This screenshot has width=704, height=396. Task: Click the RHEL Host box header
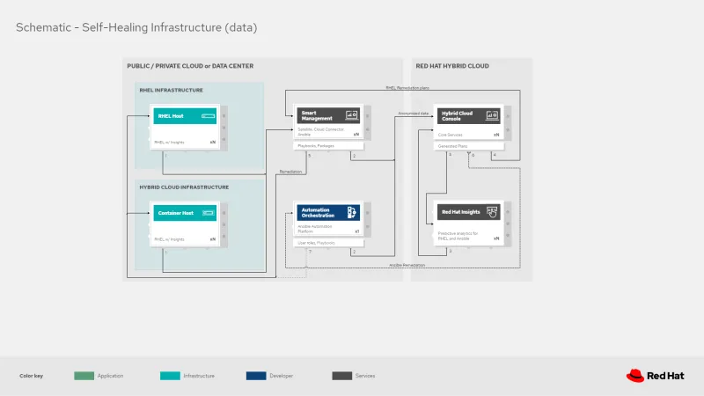point(183,116)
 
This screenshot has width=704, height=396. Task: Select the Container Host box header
point(183,213)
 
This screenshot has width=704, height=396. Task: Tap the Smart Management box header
point(327,115)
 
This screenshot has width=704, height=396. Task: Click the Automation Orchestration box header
point(327,212)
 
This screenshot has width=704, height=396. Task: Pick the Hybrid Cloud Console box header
point(469,115)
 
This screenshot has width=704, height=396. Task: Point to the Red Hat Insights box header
point(469,212)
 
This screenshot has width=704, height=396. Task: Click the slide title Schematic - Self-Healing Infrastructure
point(136,27)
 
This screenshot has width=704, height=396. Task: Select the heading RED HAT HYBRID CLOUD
point(452,66)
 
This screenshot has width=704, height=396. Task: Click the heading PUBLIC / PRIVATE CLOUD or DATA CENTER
point(190,66)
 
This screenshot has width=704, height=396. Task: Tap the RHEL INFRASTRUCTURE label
point(171,90)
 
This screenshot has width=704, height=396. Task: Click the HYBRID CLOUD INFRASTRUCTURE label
point(184,187)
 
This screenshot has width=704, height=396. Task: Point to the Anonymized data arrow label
point(414,114)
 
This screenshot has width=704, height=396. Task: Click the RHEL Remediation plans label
point(407,88)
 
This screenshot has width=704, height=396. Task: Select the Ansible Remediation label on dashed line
point(407,265)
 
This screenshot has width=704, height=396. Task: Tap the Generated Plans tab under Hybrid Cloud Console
point(453,145)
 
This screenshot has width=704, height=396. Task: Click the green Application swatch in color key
point(84,376)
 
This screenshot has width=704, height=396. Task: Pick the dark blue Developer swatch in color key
point(256,376)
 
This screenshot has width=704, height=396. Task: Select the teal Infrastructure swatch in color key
point(170,376)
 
